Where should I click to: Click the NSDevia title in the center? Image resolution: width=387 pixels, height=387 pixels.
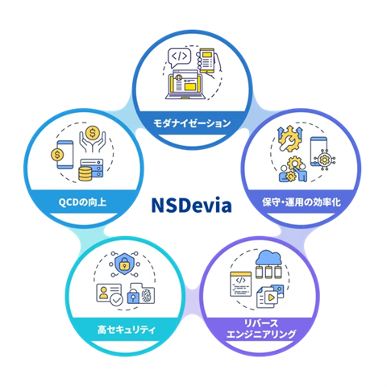[191, 206]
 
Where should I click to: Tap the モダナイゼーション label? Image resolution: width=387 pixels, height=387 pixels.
[192, 123]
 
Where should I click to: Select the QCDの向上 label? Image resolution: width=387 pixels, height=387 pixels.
[82, 202]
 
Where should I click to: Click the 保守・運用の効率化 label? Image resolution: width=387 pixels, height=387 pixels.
[302, 202]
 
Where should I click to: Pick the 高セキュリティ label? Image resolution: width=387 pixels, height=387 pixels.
[127, 330]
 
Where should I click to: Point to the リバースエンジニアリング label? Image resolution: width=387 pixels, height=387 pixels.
[260, 329]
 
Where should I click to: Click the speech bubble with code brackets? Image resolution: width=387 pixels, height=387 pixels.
[179, 57]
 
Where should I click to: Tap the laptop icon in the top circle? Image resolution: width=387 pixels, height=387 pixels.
[185, 85]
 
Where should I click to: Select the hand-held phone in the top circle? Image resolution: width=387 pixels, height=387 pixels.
[208, 62]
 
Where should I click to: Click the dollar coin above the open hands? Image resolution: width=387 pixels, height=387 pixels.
[93, 133]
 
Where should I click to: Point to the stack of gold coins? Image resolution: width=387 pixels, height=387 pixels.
[85, 173]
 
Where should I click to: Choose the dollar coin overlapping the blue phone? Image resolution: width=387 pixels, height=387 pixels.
[57, 155]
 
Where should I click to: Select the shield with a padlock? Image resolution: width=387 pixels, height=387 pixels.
[124, 264]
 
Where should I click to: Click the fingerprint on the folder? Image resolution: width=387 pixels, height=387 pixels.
[146, 297]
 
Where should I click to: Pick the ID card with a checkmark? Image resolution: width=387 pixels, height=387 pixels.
[109, 293]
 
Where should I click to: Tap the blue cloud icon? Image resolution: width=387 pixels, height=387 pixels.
[268, 258]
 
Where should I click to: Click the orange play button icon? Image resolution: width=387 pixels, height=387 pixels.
[272, 298]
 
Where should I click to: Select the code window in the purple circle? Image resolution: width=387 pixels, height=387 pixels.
[241, 284]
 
